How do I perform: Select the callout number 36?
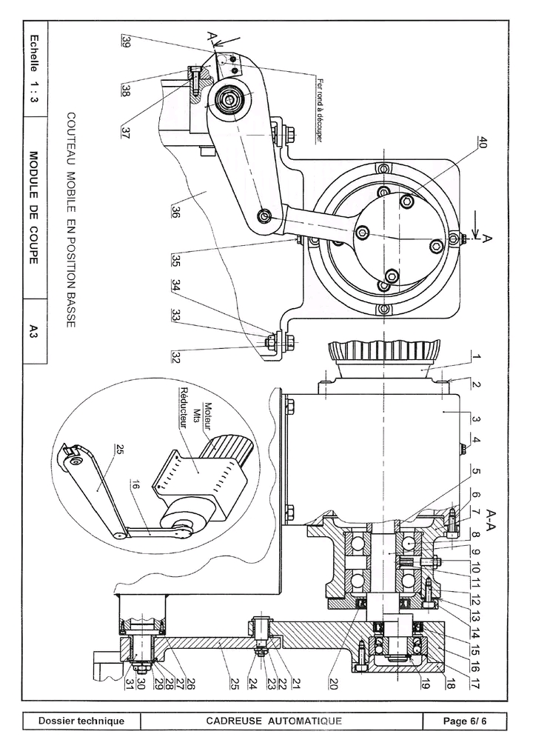tap(175, 213)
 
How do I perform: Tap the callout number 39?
tap(126, 41)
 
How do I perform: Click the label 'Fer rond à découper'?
tap(318, 110)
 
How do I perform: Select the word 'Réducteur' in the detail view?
tap(183, 408)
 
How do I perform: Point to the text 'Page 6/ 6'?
tap(465, 721)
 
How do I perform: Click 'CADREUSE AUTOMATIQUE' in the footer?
tap(274, 721)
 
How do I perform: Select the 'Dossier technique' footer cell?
tap(81, 721)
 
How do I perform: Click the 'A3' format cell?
tap(34, 331)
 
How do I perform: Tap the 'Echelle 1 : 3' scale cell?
tap(34, 68)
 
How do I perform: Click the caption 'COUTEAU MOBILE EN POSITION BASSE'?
tap(70, 220)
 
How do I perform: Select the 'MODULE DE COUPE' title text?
tap(34, 207)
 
